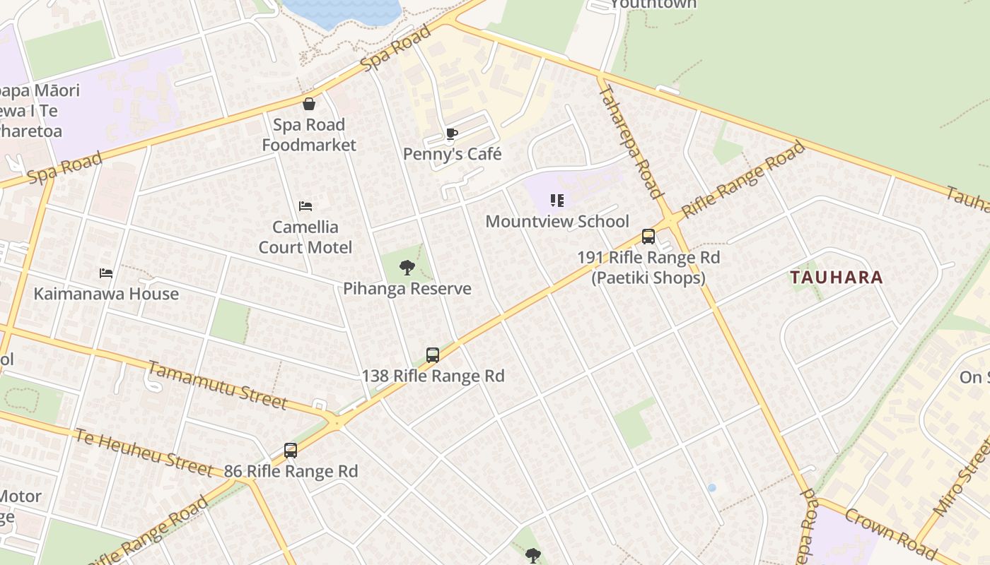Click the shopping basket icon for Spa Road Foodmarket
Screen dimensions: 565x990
(x=309, y=105)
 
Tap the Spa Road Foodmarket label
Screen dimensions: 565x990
(x=309, y=135)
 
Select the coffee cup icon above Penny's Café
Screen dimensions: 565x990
(x=452, y=134)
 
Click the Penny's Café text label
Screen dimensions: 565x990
(x=452, y=154)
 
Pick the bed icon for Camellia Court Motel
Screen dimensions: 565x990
(x=305, y=206)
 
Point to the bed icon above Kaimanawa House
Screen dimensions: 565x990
(x=106, y=273)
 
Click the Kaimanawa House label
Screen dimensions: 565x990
(x=106, y=294)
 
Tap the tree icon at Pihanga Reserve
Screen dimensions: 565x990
(x=407, y=268)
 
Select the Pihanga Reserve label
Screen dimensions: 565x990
(x=407, y=289)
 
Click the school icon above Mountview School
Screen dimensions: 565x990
(x=557, y=201)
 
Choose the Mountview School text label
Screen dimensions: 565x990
(x=557, y=222)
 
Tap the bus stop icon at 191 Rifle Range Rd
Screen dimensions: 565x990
(x=648, y=237)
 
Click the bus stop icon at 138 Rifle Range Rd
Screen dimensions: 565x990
(x=433, y=355)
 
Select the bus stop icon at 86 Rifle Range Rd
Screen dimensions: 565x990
(x=291, y=451)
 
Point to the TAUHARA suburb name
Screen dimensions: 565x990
(x=837, y=278)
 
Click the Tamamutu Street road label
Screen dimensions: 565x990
(x=217, y=385)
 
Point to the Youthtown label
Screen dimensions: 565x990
(x=653, y=4)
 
